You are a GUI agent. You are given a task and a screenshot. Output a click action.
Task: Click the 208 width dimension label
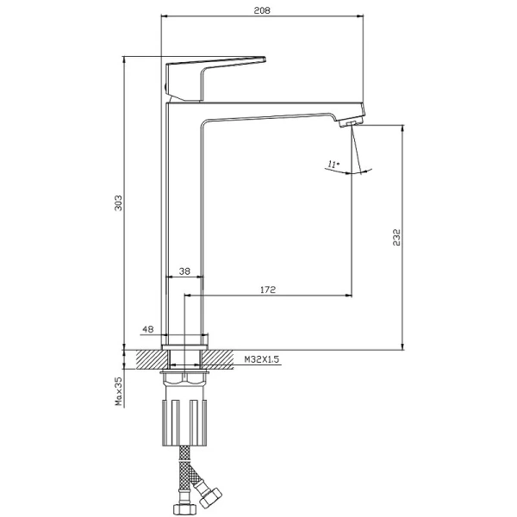[262, 10]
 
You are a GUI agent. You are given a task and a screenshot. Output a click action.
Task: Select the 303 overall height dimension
[118, 202]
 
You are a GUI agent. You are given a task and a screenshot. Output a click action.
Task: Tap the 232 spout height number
[396, 238]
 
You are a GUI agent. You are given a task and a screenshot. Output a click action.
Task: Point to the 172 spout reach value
[268, 290]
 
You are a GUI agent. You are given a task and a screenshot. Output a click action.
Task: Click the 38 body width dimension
[184, 271]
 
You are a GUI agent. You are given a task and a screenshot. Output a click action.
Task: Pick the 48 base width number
[148, 329]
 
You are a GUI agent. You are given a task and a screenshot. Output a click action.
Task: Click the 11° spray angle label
[333, 164]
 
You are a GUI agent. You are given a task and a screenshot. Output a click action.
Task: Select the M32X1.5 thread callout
[262, 359]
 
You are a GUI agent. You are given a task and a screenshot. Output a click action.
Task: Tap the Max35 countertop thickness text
[118, 391]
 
